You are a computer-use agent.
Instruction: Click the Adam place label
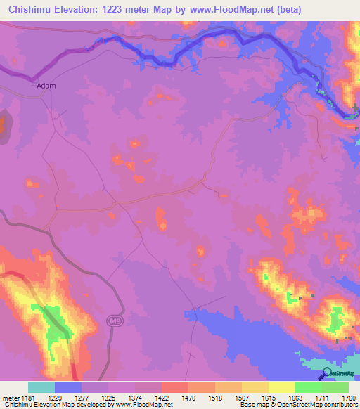tap(45, 86)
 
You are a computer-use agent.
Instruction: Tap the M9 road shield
tap(115, 320)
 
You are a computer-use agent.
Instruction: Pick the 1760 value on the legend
tap(349, 397)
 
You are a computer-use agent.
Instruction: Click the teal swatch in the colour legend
tap(41, 387)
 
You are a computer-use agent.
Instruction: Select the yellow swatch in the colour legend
tap(281, 387)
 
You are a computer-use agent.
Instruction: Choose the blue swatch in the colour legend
tap(68, 387)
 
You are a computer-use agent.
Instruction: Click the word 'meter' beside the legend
tap(11, 397)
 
